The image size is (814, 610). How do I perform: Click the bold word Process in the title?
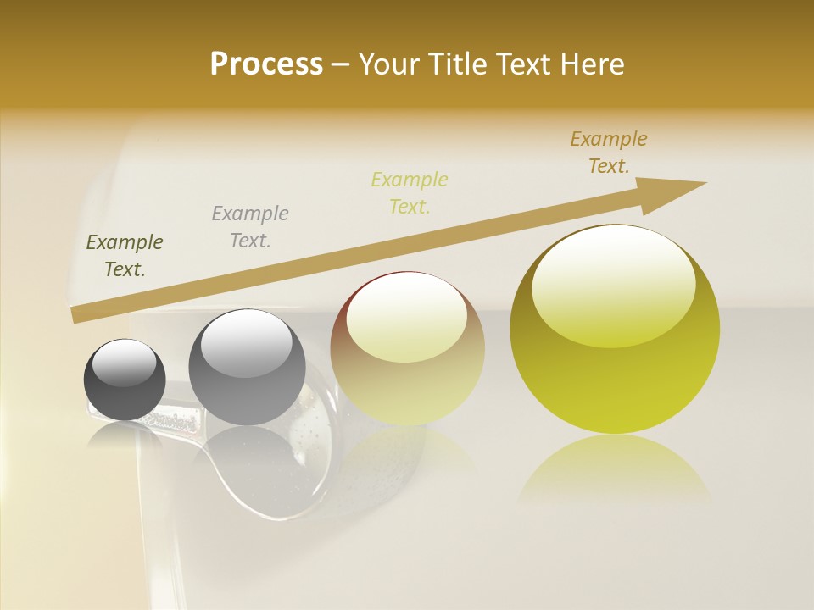tap(266, 64)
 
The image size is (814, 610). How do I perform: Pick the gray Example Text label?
tap(250, 226)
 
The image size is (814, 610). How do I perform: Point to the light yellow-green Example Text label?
tap(410, 192)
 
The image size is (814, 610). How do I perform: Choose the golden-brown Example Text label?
tap(609, 152)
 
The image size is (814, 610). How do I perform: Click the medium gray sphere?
tap(247, 369)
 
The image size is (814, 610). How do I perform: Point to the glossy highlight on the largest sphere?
tap(613, 284)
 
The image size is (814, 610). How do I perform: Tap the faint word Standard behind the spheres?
tap(174, 420)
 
